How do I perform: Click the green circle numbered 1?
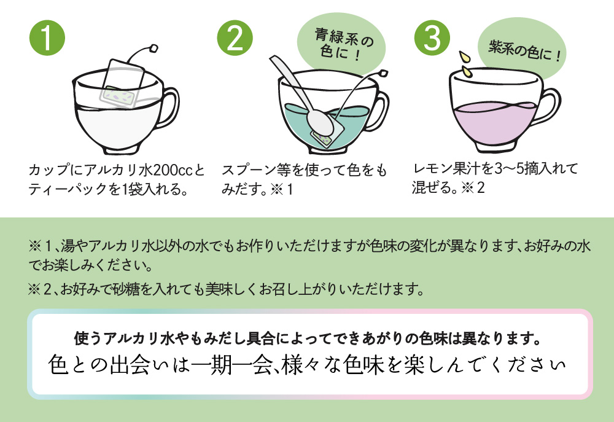coord(47,37)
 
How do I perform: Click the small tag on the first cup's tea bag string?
coord(153,47)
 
